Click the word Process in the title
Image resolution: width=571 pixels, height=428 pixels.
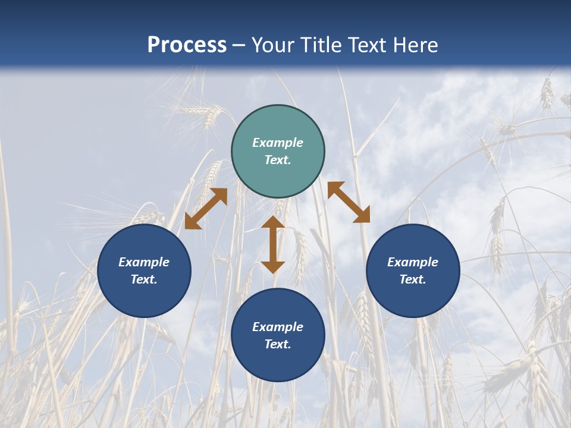[187, 45]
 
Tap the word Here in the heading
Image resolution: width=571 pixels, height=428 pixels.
[415, 45]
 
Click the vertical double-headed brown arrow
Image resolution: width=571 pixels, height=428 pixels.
[273, 245]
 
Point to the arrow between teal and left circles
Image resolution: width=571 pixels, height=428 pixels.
[206, 209]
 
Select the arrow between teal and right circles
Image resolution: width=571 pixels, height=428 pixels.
[349, 202]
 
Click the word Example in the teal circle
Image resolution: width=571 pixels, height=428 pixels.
[278, 143]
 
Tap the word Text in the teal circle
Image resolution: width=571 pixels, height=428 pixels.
[278, 160]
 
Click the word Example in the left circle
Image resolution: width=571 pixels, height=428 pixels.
[144, 262]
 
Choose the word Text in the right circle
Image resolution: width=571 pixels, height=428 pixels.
[413, 279]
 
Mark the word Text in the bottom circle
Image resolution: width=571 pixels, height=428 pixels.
[278, 344]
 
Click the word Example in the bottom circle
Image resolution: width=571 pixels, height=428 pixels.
[278, 327]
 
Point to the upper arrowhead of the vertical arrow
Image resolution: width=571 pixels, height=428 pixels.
[273, 222]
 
